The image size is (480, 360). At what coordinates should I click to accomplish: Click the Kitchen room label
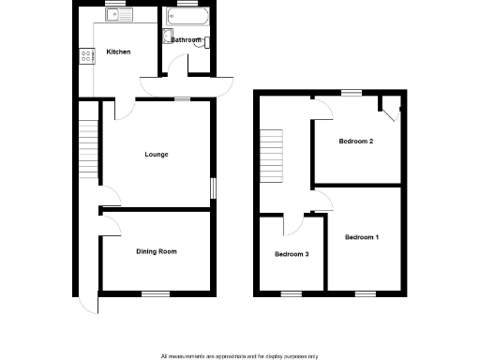pos(118,52)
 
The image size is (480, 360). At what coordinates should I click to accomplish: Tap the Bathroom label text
pos(186,39)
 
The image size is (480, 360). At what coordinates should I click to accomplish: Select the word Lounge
pos(157,154)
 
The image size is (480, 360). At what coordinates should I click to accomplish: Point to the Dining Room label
pos(157,251)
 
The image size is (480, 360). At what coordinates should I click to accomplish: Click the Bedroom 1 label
pos(362,237)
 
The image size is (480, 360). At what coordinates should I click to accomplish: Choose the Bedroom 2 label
pos(356,142)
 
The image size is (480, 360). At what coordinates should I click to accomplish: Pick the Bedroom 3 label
pos(292,254)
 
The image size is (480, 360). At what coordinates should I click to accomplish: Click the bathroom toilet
pos(208,42)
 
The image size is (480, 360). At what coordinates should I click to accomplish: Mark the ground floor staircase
pos(89,145)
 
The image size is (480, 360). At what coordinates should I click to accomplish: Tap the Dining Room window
pos(155,294)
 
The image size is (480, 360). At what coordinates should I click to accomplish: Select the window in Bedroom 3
pos(292,294)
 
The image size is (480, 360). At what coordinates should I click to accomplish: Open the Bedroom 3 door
pos(294,223)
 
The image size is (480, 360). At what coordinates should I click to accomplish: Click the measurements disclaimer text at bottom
pos(240,355)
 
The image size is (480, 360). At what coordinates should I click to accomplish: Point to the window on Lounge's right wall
pos(213,187)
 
